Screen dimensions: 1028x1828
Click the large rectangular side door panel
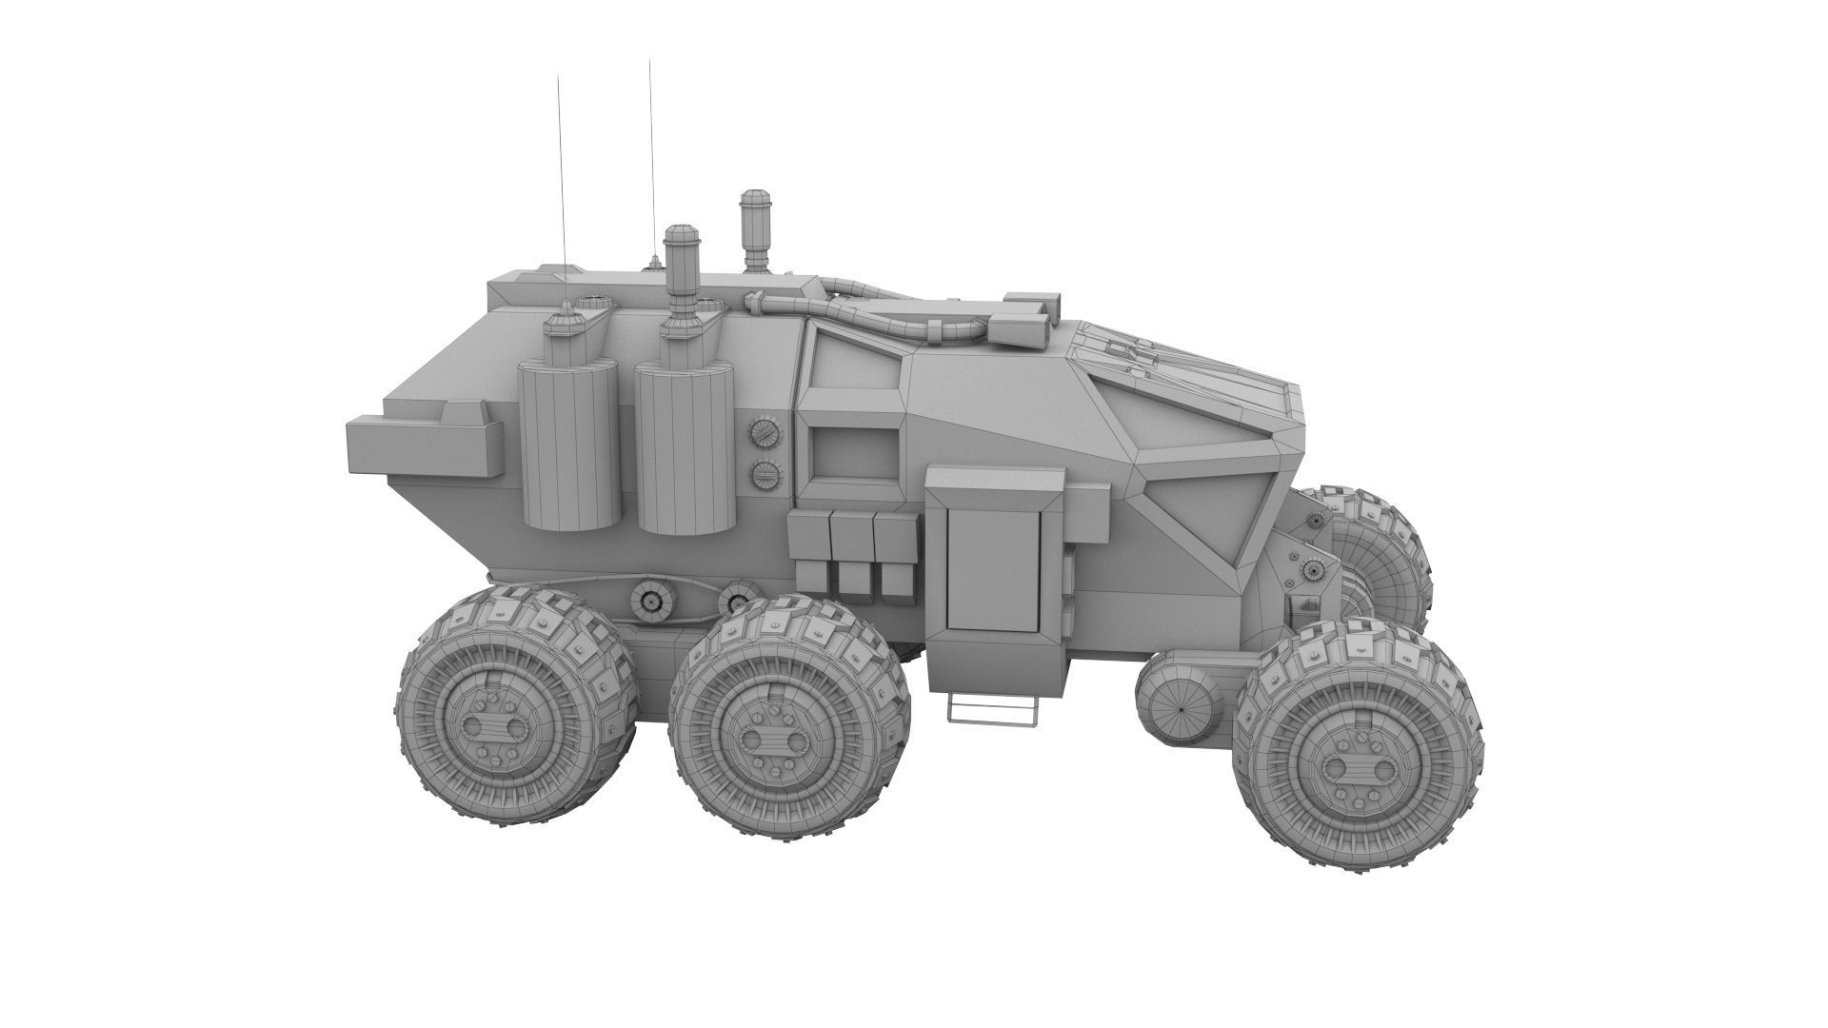pos(991,565)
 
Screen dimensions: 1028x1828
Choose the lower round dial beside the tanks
pos(765,474)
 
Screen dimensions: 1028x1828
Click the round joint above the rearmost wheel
pos(651,600)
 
